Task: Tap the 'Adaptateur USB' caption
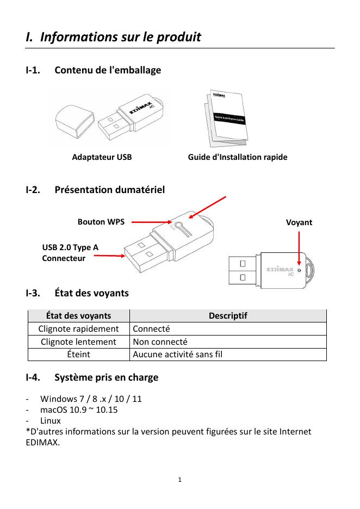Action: click(x=102, y=158)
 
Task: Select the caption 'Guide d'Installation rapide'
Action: click(x=238, y=158)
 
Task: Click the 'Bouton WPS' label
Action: click(x=101, y=222)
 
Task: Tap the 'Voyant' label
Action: click(x=299, y=222)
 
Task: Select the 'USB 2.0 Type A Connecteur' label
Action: click(x=70, y=253)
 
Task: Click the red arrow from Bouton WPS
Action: click(x=151, y=222)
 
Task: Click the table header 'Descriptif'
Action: click(x=228, y=315)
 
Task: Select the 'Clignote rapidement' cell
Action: click(x=79, y=328)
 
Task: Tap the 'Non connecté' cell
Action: click(x=160, y=342)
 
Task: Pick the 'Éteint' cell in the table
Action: click(x=79, y=355)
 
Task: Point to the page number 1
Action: click(x=180, y=480)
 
